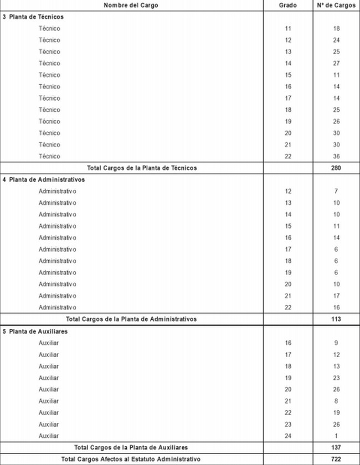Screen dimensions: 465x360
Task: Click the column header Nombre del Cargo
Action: point(131,5)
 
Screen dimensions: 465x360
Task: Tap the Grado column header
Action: point(288,5)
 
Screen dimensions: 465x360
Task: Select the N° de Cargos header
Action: point(336,5)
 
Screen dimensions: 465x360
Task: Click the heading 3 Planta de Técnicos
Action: point(33,17)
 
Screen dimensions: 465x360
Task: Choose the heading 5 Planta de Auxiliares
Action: point(35,331)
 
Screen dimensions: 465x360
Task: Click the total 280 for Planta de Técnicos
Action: point(336,168)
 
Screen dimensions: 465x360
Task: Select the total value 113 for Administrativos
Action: point(336,319)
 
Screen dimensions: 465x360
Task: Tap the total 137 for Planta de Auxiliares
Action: point(336,447)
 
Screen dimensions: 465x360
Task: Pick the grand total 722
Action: point(336,459)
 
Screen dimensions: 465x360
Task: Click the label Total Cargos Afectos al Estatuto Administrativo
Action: point(131,459)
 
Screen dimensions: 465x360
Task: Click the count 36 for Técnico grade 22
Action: point(336,156)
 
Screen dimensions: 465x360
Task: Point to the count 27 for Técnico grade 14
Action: point(336,63)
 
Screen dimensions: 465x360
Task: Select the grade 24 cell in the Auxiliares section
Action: point(288,436)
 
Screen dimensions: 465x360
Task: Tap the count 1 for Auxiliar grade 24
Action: point(336,436)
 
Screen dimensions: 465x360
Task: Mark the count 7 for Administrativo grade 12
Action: point(336,191)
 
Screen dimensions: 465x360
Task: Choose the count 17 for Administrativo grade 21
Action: point(336,296)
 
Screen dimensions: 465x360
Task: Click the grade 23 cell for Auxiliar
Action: point(288,424)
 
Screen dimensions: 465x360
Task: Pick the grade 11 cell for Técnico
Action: point(288,28)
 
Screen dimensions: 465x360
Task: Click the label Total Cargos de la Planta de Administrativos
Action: point(131,319)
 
